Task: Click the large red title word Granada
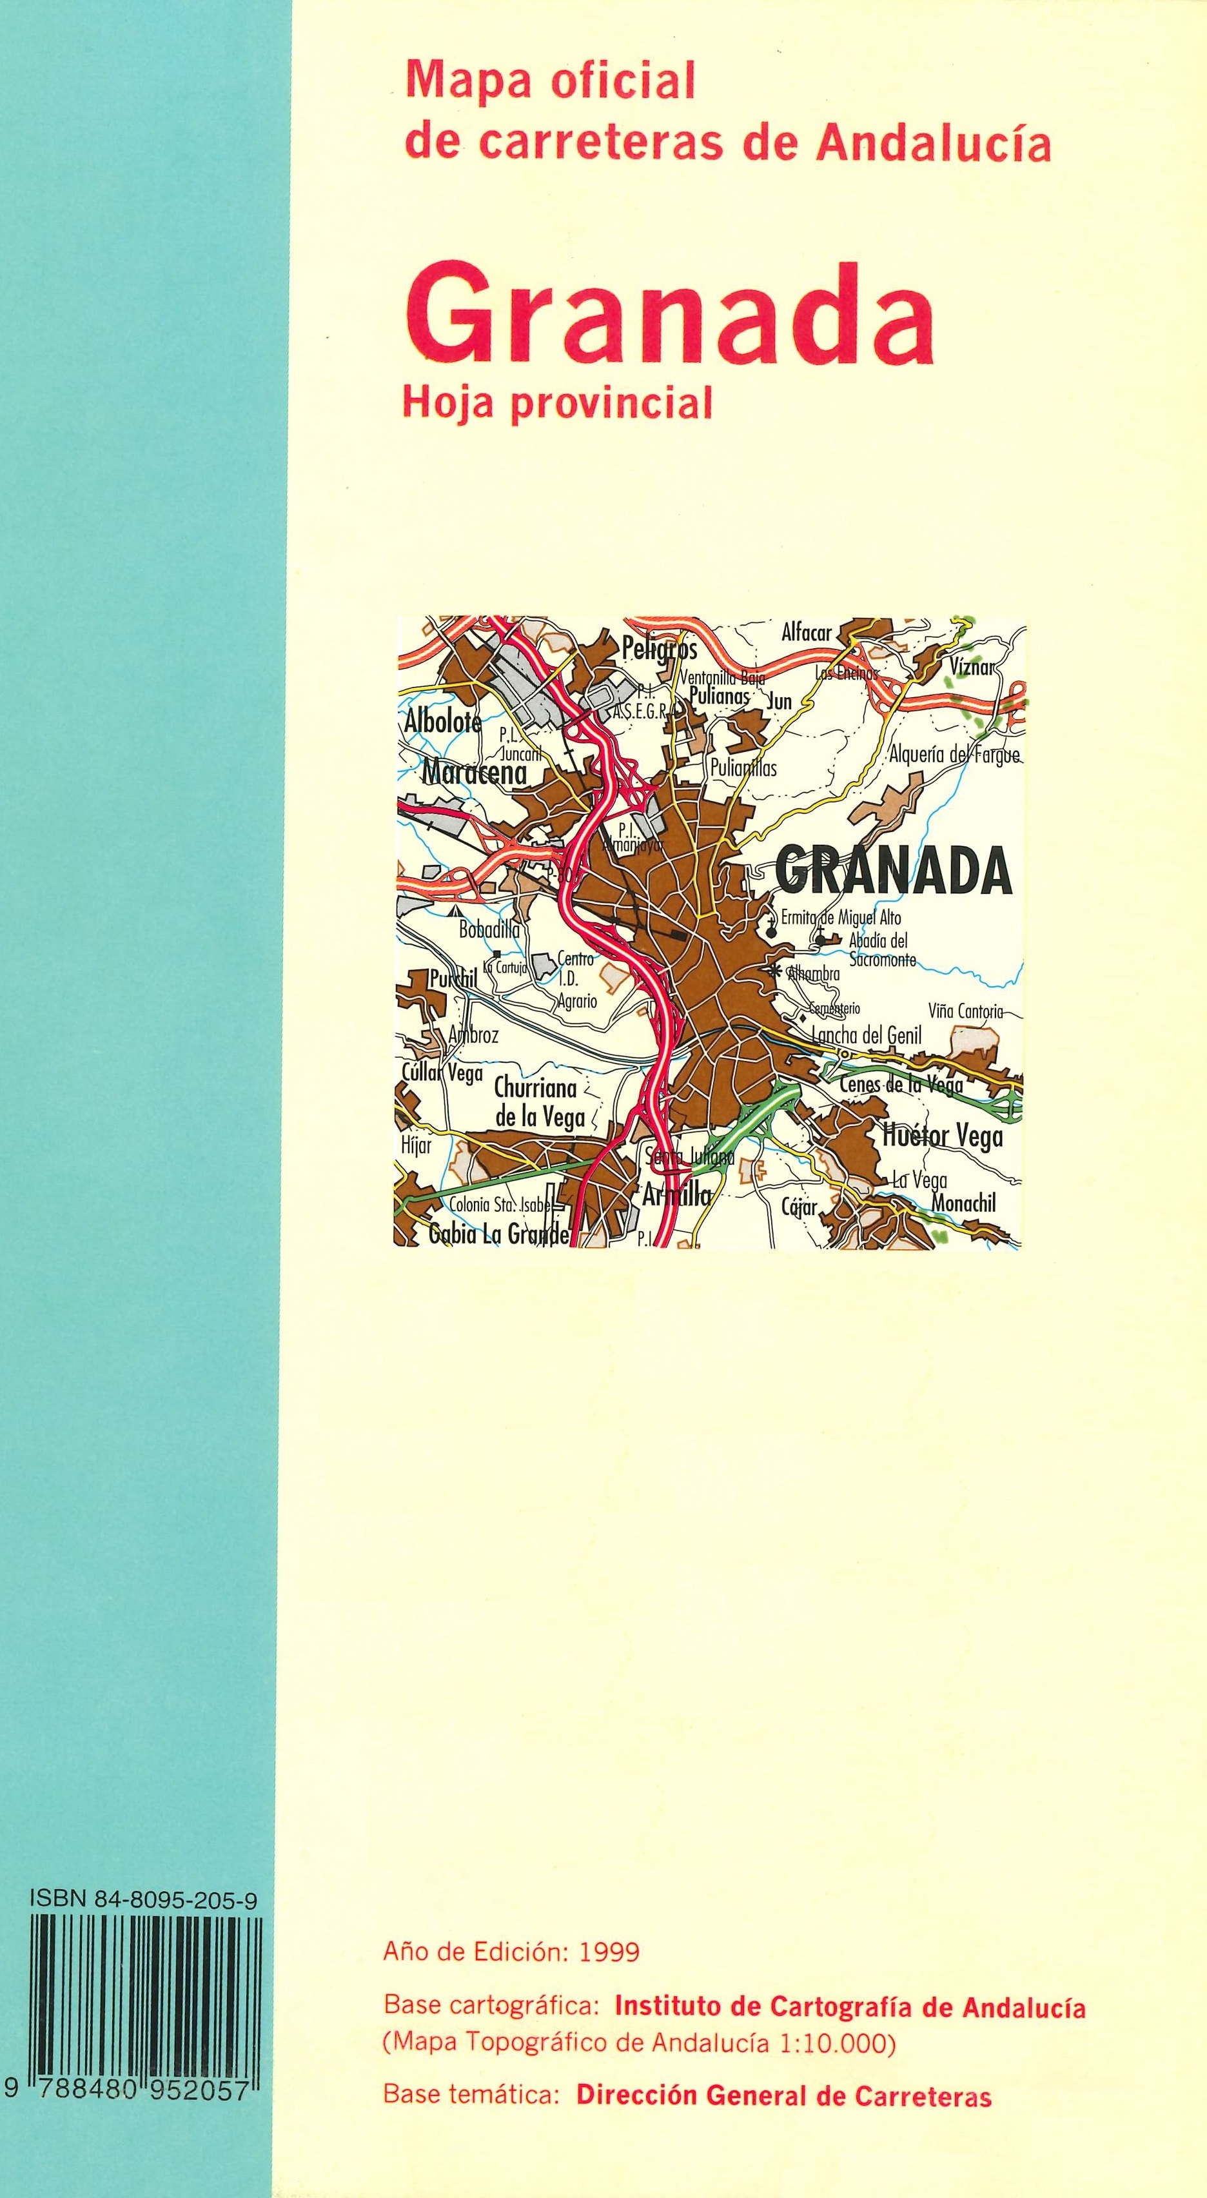(x=670, y=317)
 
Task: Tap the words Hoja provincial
(x=557, y=404)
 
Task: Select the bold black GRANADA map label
(x=893, y=871)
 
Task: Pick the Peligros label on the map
(x=660, y=650)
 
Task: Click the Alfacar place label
(x=806, y=633)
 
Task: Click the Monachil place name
(x=964, y=1203)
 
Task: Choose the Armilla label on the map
(x=676, y=1196)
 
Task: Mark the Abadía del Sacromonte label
(x=878, y=949)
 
